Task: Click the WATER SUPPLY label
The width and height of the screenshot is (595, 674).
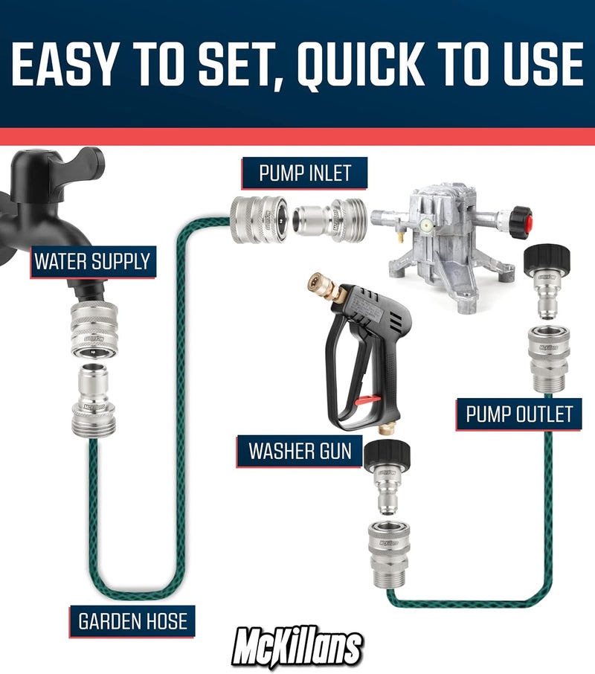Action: [92, 262]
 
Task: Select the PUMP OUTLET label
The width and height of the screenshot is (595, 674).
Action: [519, 414]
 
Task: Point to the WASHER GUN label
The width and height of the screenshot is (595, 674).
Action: [300, 451]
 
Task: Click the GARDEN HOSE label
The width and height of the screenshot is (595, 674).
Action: [133, 620]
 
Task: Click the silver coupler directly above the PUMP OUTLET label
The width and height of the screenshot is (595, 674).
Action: [549, 356]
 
